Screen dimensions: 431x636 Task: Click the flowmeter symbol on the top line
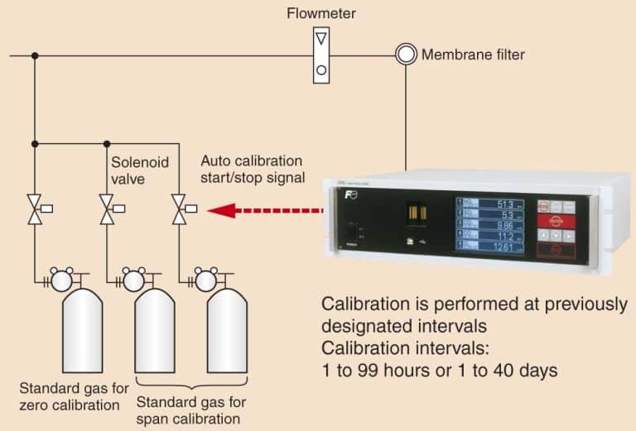point(320,55)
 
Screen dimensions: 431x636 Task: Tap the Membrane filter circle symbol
point(406,55)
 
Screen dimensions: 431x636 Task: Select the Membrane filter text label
point(473,55)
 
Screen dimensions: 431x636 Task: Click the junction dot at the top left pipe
point(35,55)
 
